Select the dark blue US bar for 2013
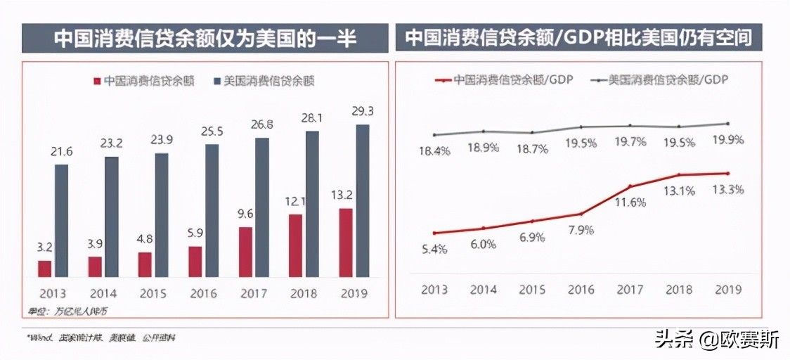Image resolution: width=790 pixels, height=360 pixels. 62,220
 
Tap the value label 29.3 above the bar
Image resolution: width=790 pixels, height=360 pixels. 363,112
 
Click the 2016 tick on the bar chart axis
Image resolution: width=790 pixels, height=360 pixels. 203,293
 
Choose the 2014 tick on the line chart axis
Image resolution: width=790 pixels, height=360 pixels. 484,289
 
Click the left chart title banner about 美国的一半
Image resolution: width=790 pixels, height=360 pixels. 205,37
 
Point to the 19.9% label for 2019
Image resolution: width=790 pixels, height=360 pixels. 727,139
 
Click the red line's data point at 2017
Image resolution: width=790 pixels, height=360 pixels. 630,186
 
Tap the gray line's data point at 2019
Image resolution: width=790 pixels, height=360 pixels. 727,124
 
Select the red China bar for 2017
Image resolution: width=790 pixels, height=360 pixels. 245,251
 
